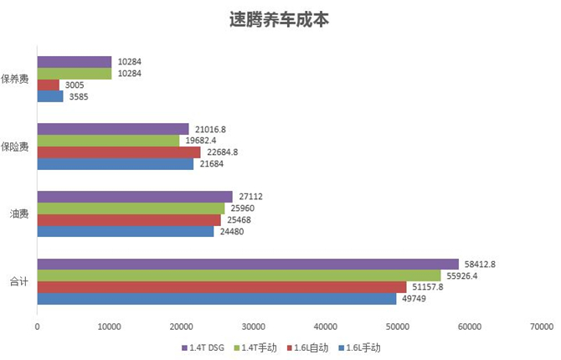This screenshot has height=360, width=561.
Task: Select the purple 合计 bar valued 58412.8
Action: coord(248,265)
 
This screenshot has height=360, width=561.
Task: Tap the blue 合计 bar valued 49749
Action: coord(216,299)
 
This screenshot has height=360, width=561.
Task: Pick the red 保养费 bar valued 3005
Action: coord(49,85)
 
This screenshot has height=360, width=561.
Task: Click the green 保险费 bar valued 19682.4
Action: coord(108,141)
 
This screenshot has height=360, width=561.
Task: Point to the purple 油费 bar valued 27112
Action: coord(135,197)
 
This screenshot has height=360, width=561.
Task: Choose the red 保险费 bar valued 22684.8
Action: coord(119,152)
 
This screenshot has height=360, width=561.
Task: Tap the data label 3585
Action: coord(78,97)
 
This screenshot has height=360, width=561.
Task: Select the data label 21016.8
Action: coord(211,129)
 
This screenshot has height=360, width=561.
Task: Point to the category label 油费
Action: coord(19,214)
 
